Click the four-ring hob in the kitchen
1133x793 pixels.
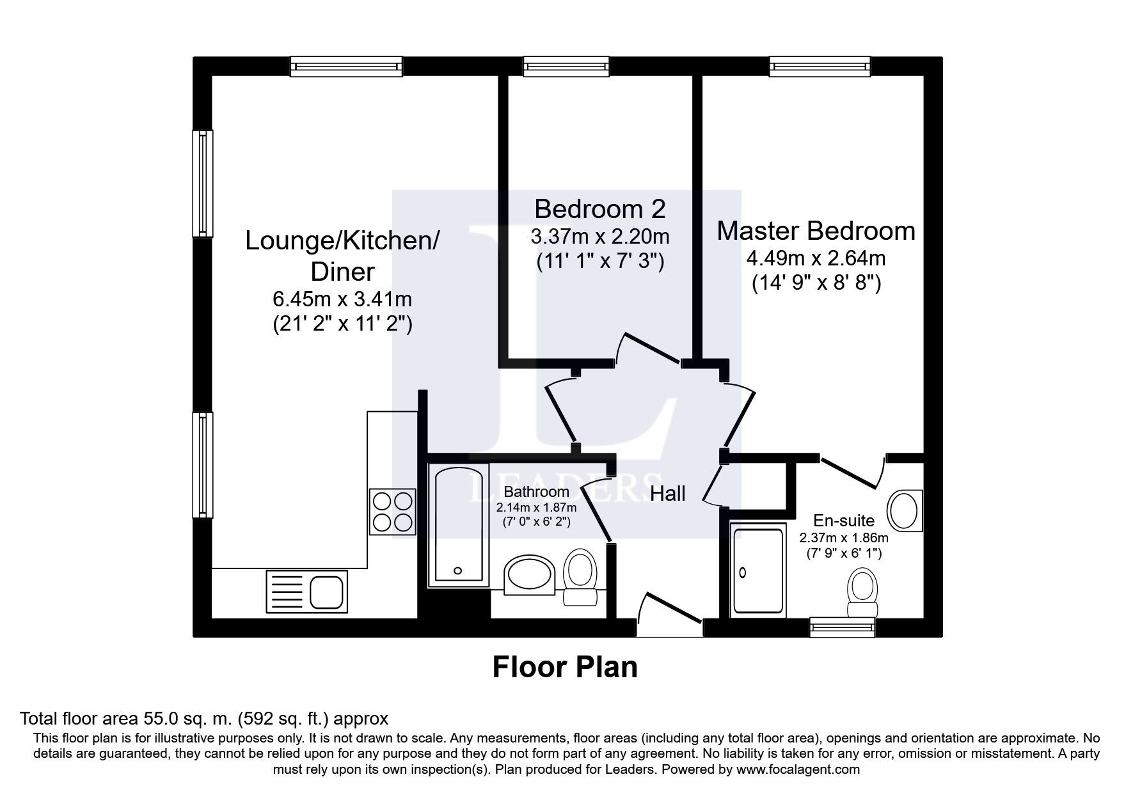point(392,510)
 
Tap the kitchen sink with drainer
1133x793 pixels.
point(306,591)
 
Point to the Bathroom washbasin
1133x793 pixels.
point(530,574)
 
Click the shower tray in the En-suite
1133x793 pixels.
point(758,570)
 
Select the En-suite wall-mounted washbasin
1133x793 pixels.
point(905,510)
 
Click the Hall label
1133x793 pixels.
point(668,493)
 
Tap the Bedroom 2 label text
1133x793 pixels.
point(599,209)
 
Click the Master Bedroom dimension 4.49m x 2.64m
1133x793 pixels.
point(816,258)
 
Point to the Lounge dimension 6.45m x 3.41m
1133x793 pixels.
point(342,299)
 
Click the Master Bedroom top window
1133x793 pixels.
point(820,67)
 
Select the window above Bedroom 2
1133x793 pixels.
point(566,67)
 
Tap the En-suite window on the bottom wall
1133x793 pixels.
point(842,627)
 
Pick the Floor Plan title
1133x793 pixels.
point(565,667)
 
